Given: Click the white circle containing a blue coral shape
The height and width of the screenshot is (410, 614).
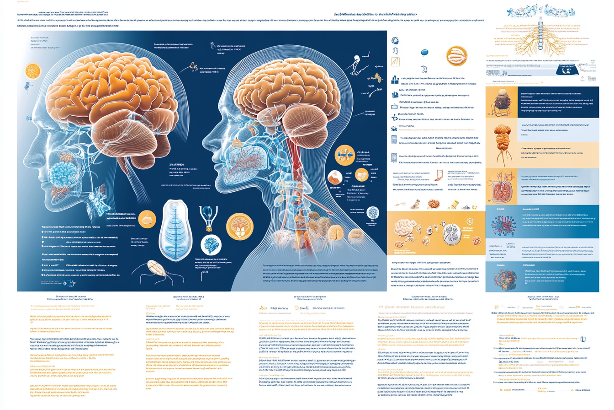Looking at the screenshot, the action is click(x=212, y=245).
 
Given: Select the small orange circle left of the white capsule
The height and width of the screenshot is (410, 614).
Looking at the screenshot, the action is click(x=147, y=219).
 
